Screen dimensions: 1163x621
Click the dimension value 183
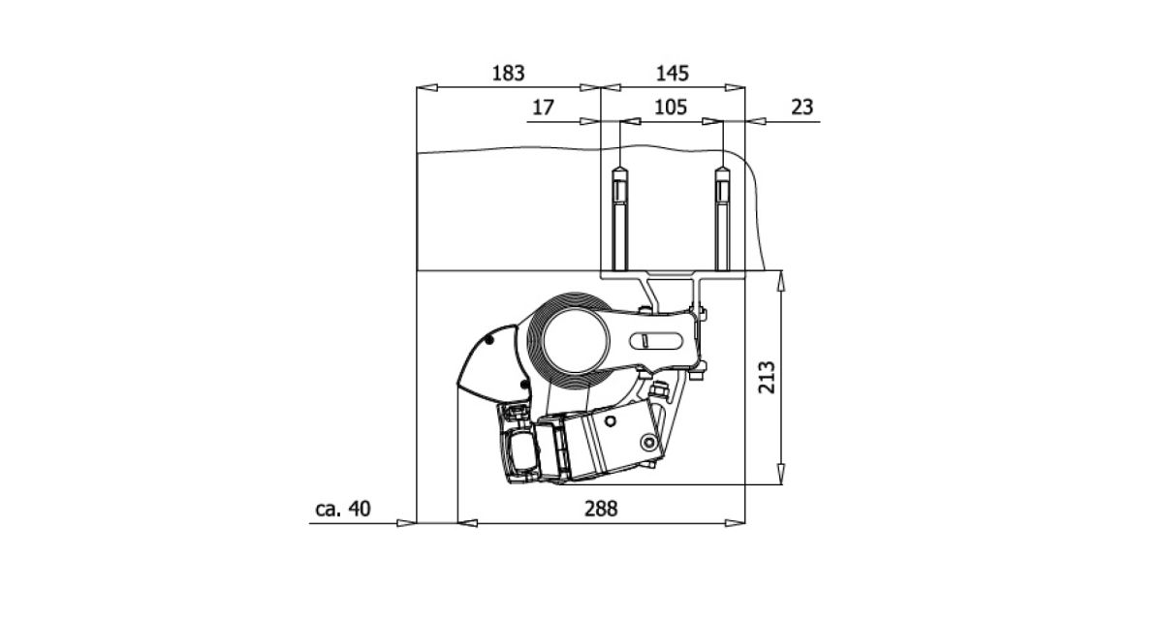(508, 74)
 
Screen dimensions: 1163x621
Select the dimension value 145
(673, 74)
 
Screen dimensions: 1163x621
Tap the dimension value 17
(543, 108)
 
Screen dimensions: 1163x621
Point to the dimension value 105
(671, 108)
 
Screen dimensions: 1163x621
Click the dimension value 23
(802, 107)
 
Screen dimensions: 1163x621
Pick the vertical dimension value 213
(767, 377)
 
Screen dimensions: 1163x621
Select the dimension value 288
(601, 509)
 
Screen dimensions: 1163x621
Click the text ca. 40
(343, 509)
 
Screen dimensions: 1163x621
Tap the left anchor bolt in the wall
(619, 218)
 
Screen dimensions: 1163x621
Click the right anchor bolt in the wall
(722, 218)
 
